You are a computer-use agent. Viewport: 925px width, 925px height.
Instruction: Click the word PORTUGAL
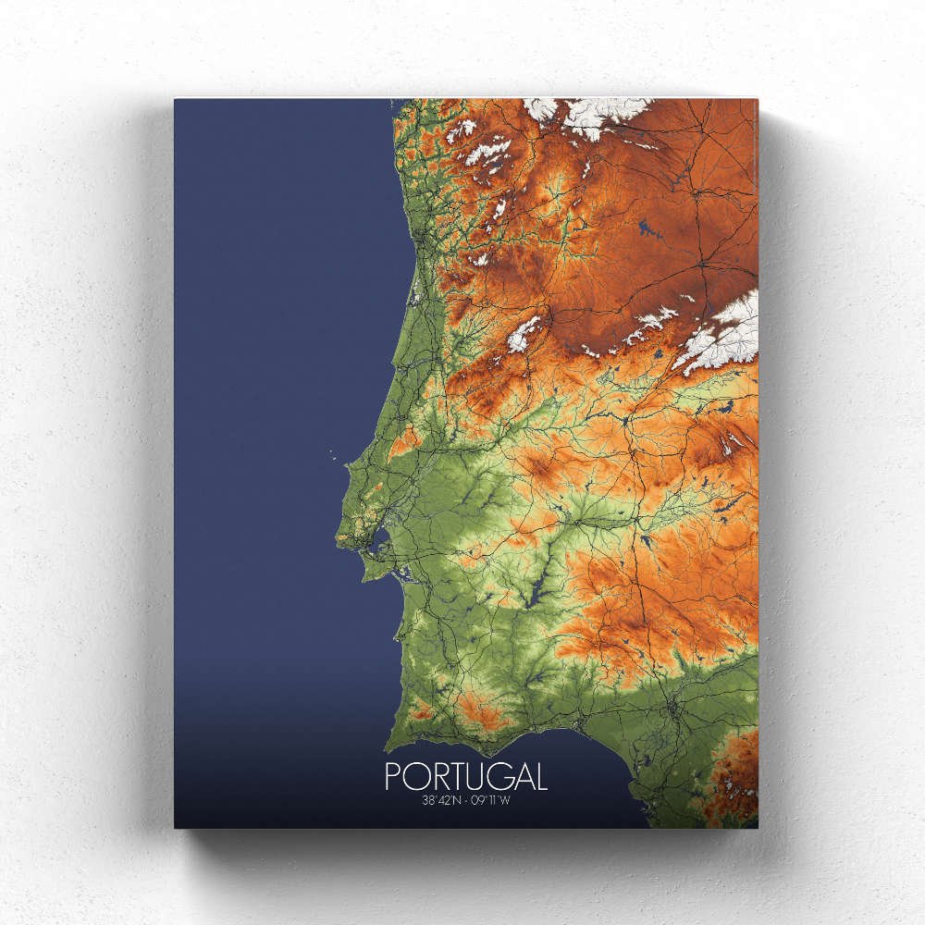(x=465, y=775)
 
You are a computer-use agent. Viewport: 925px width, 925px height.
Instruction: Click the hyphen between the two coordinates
(x=465, y=799)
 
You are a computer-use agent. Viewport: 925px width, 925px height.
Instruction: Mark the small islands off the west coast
(x=331, y=454)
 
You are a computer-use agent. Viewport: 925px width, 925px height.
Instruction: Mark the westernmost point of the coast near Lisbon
(x=338, y=537)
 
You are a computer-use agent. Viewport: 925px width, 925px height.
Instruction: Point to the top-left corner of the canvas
(x=175, y=99)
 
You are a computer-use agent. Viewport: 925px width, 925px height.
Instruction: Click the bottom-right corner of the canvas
(x=757, y=827)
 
